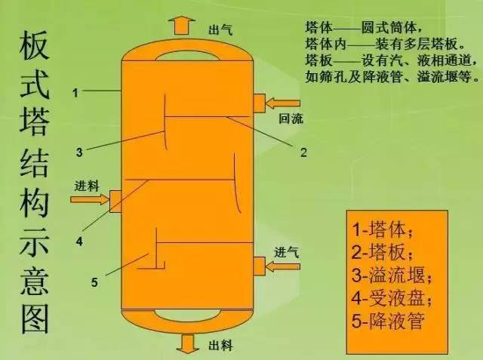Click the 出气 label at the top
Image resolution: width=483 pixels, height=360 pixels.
pyautogui.click(x=220, y=30)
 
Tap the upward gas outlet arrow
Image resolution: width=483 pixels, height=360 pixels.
pyautogui.click(x=181, y=25)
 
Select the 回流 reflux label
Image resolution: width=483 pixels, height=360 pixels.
pyautogui.click(x=291, y=118)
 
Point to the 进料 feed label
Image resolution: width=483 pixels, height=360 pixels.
pyautogui.click(x=87, y=186)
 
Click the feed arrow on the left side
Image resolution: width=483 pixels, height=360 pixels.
pyautogui.click(x=90, y=199)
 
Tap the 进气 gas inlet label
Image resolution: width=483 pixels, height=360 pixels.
pyautogui.click(x=287, y=253)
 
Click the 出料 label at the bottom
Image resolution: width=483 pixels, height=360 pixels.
pyautogui.click(x=220, y=345)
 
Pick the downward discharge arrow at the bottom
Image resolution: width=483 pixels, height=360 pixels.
pyautogui.click(x=188, y=343)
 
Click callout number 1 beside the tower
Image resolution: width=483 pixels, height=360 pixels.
pyautogui.click(x=75, y=93)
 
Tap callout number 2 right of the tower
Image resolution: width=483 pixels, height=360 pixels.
pyautogui.click(x=303, y=152)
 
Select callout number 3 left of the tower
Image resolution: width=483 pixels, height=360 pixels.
pyautogui.click(x=79, y=152)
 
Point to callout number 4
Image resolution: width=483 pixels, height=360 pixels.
pyautogui.click(x=79, y=242)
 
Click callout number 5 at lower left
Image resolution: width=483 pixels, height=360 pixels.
pyautogui.click(x=94, y=282)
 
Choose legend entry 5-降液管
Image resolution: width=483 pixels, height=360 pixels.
pyautogui.click(x=388, y=321)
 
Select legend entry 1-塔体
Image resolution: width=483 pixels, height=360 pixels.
pyautogui.click(x=382, y=229)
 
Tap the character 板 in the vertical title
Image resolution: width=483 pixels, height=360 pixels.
pyautogui.click(x=35, y=46)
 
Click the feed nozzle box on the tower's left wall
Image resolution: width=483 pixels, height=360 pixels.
pyautogui.click(x=115, y=202)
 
